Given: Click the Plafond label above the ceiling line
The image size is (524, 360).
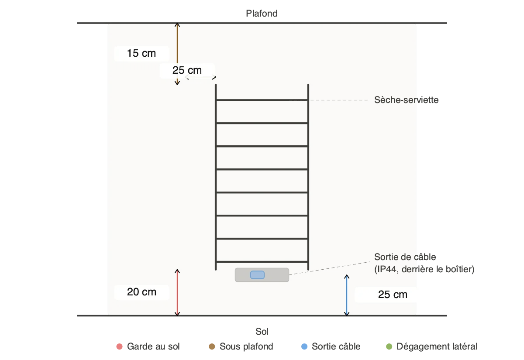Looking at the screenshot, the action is coord(262,14).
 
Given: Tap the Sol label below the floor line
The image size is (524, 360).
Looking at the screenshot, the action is coord(262,332).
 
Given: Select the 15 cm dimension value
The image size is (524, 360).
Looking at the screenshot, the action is coord(141,53).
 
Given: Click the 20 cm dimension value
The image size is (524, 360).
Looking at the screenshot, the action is coord(141,292).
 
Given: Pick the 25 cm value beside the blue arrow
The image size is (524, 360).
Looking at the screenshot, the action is coord(393,295).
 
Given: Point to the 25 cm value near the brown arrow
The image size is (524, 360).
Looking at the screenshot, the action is coord(187,70).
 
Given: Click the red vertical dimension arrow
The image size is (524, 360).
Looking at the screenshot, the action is coord(177,292).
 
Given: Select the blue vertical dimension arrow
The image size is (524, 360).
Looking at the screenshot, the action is coord(347,295).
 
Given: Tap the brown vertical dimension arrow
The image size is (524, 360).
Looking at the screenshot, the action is coord(177,54).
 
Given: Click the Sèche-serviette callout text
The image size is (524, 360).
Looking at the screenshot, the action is coord(407,100).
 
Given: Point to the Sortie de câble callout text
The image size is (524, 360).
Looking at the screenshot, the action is coord(424,263).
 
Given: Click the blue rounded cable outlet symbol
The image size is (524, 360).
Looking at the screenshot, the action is coord(257,275).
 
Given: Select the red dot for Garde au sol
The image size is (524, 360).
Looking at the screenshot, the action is coord(120,346).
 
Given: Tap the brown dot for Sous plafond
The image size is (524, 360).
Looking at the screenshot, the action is coord(212,346).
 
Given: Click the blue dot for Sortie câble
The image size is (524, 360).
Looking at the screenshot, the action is coord(304,346).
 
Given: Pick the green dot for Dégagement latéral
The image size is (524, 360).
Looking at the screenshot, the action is coord(389,346).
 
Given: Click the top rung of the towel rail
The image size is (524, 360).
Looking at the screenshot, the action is coord(262,100).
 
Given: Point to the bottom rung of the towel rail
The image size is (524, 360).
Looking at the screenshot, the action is coord(262,262).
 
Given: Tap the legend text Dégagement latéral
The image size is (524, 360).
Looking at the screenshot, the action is coord(437,346).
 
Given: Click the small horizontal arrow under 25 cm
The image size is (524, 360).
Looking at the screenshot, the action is coord(201,77).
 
